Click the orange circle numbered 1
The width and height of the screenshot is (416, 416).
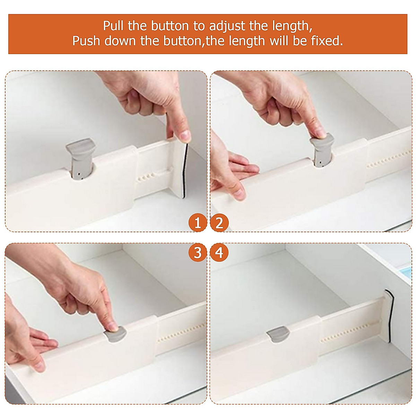click(x=198, y=223)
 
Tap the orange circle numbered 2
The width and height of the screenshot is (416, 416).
click(x=219, y=223)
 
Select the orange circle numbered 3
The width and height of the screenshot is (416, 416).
click(x=198, y=253)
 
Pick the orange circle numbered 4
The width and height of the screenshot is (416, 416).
click(x=219, y=253)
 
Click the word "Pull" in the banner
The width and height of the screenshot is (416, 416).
click(x=113, y=26)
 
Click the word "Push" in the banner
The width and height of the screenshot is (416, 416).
click(x=86, y=41)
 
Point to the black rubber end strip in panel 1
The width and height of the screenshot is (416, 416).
click(x=185, y=171)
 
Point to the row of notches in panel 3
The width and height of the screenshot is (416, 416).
click(x=182, y=333)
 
